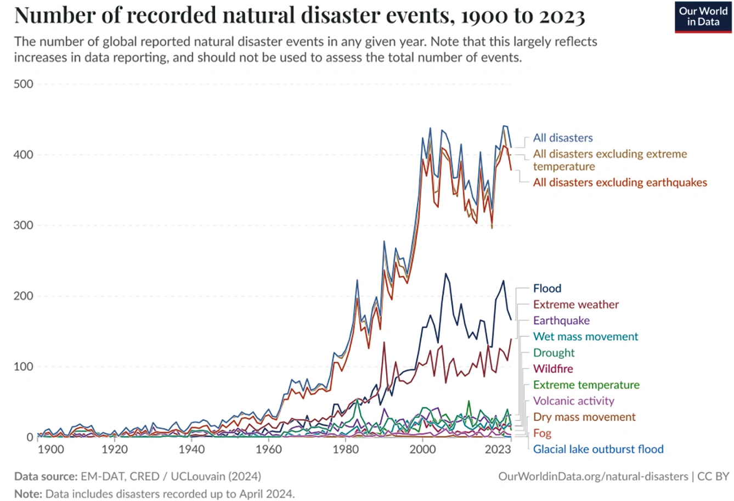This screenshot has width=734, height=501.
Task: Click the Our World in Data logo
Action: (x=703, y=17)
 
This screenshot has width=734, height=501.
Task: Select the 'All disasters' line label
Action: (x=563, y=138)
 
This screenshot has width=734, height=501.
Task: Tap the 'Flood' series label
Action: (x=547, y=289)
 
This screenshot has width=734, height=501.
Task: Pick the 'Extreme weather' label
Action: (x=575, y=305)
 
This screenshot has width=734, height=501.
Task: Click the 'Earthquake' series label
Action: (x=561, y=320)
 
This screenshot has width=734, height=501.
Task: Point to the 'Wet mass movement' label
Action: (x=585, y=337)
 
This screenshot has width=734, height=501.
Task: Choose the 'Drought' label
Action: (x=554, y=353)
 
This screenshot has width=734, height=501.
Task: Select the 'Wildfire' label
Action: (x=553, y=369)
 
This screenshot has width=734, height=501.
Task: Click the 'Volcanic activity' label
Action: (x=573, y=401)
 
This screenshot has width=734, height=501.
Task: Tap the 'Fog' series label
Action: (x=543, y=433)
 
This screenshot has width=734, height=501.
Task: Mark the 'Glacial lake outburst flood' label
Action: (x=599, y=449)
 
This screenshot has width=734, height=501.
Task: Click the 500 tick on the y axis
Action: (x=23, y=85)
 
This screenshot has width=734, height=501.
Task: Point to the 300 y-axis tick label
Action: (x=23, y=226)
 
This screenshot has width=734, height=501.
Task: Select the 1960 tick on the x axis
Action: (x=269, y=449)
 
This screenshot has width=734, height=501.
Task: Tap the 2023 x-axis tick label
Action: (x=498, y=449)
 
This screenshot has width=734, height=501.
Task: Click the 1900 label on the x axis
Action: (x=51, y=449)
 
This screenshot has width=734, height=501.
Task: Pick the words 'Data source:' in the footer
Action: (x=46, y=476)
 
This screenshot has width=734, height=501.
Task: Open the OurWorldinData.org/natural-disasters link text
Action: (x=593, y=476)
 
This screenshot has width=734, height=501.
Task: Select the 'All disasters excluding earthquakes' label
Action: (x=620, y=183)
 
